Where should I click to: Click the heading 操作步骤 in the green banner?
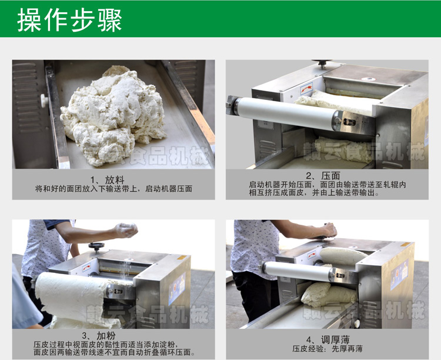(69, 19)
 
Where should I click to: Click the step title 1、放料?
(107, 180)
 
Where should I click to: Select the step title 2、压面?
(323, 176)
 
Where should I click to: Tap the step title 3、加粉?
(99, 335)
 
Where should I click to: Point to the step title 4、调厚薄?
(328, 340)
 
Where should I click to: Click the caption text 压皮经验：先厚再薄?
(328, 349)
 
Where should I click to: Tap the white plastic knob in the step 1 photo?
(44, 101)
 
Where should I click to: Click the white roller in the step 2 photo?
(286, 112)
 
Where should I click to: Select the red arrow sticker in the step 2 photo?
(306, 88)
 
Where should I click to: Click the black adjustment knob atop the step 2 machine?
(322, 64)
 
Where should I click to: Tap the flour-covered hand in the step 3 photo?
(126, 229)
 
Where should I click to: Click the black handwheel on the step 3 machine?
(96, 246)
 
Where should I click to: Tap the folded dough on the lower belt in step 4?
(329, 295)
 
